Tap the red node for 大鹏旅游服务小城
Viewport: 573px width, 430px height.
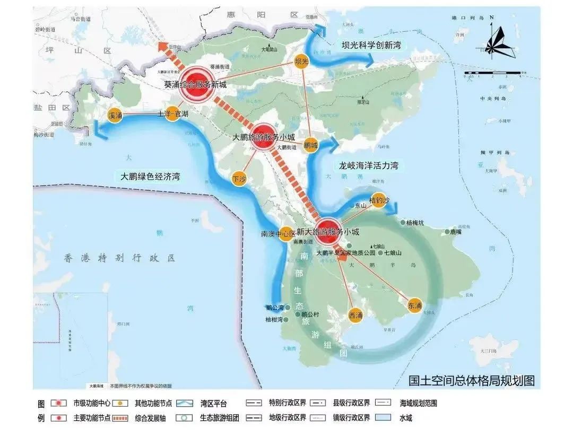(263, 136)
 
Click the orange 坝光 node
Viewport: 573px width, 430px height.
(301, 62)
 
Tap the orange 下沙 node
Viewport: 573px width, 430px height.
(240, 179)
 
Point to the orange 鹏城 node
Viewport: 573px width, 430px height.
(310, 144)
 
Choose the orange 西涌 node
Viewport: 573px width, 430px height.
(355, 315)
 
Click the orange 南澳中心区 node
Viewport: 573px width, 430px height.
(286, 234)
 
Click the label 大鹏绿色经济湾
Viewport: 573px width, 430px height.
(150, 177)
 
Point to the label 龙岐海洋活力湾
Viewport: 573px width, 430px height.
(368, 165)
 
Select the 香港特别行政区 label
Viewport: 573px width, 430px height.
(120, 258)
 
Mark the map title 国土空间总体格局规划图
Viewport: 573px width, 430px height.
(471, 381)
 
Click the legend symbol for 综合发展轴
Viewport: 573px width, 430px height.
(121, 418)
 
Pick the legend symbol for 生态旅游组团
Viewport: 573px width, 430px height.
(184, 418)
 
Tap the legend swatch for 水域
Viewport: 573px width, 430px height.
(384, 418)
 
